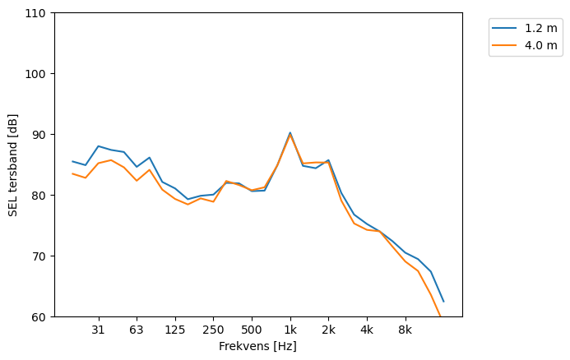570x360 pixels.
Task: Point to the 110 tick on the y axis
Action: (38, 13)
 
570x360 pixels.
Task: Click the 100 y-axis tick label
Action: (38, 74)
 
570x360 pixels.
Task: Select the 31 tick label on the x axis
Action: (99, 330)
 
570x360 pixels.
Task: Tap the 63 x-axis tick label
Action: (137, 330)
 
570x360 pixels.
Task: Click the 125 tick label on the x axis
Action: (175, 330)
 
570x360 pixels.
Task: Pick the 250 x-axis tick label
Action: (213, 330)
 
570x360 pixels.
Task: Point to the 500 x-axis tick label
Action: (252, 330)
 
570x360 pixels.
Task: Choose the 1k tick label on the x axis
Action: (290, 330)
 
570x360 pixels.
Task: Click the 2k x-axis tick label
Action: (328, 330)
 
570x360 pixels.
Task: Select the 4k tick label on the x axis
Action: (367, 330)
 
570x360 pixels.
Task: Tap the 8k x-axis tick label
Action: (405, 330)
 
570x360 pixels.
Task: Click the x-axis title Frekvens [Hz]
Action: (257, 347)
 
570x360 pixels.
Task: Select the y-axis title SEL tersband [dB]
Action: (13, 165)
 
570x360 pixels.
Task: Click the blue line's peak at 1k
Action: (290, 132)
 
